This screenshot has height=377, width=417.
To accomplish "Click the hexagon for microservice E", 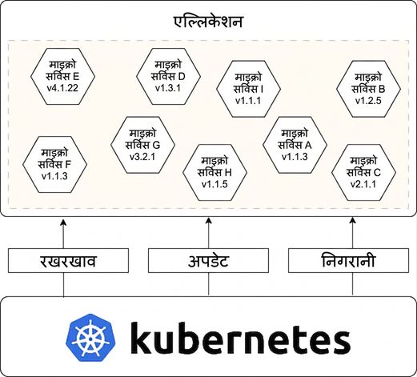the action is (x=62, y=76).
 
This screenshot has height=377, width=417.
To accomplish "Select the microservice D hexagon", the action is (x=168, y=76).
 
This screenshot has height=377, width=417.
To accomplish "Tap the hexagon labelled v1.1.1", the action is (x=248, y=89).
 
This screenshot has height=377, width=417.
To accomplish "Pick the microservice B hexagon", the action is (x=368, y=89).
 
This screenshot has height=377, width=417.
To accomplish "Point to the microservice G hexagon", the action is (x=142, y=145).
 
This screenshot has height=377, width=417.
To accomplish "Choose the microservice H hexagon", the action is (x=215, y=173).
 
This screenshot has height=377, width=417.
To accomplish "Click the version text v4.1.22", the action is (x=62, y=88).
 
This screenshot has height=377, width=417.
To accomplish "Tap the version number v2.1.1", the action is (x=363, y=184).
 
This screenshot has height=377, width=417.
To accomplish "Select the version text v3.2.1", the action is (x=142, y=157).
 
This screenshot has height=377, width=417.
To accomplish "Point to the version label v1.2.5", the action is (x=368, y=101).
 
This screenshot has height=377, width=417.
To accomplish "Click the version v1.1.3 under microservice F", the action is (x=54, y=176).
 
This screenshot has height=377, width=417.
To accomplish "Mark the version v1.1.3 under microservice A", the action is (x=295, y=157).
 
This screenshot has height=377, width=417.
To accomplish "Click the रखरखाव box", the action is (x=68, y=261).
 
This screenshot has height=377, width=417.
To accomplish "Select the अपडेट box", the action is (x=208, y=261).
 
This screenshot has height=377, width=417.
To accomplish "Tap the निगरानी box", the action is (x=348, y=261).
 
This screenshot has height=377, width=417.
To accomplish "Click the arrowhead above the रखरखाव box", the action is (x=63, y=223).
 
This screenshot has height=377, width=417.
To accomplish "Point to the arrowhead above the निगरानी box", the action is (x=353, y=220).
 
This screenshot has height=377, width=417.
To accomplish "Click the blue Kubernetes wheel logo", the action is (x=90, y=338).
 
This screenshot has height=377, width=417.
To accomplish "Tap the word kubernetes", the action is (x=240, y=338).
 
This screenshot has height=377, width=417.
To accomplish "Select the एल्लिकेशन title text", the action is (x=208, y=22).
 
